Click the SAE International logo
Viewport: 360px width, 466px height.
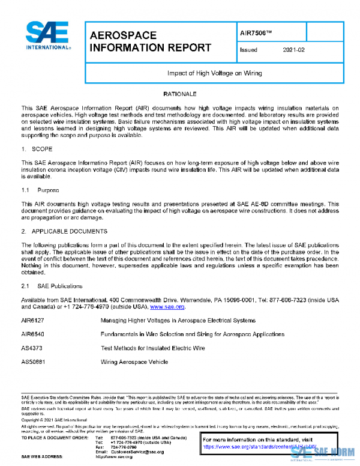pyautogui.click(x=47, y=37)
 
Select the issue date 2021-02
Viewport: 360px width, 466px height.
pyautogui.click(x=293, y=50)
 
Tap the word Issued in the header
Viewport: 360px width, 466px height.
pyautogui.click(x=248, y=50)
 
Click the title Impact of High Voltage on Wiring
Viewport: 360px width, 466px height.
pyautogui.click(x=214, y=73)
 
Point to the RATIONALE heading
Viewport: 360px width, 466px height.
pyautogui.click(x=179, y=95)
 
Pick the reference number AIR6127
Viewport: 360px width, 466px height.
pyautogui.click(x=32, y=321)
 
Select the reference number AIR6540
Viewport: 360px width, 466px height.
pyautogui.click(x=32, y=334)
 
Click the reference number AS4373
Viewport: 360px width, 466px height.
pyautogui.click(x=31, y=348)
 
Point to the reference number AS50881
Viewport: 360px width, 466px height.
pyautogui.click(x=32, y=362)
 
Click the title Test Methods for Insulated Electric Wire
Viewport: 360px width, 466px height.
pyautogui.click(x=152, y=348)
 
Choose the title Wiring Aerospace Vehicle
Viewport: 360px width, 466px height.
pyautogui.click(x=134, y=362)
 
